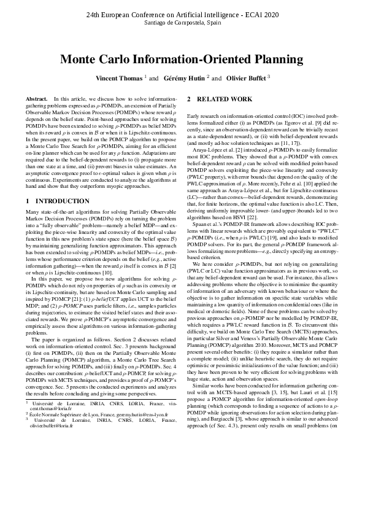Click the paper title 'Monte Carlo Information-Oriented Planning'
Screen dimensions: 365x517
click(x=182, y=60)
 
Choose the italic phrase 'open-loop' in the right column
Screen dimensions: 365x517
click(x=331, y=465)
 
